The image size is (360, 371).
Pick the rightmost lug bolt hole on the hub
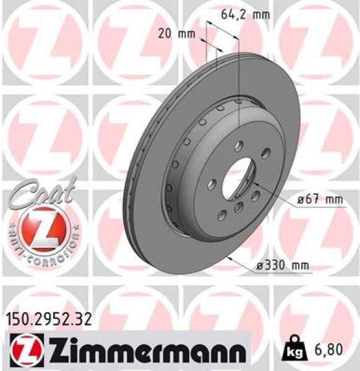pyautogui.click(x=265, y=154)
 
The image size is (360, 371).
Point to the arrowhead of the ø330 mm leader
pyautogui.click(x=229, y=256)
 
